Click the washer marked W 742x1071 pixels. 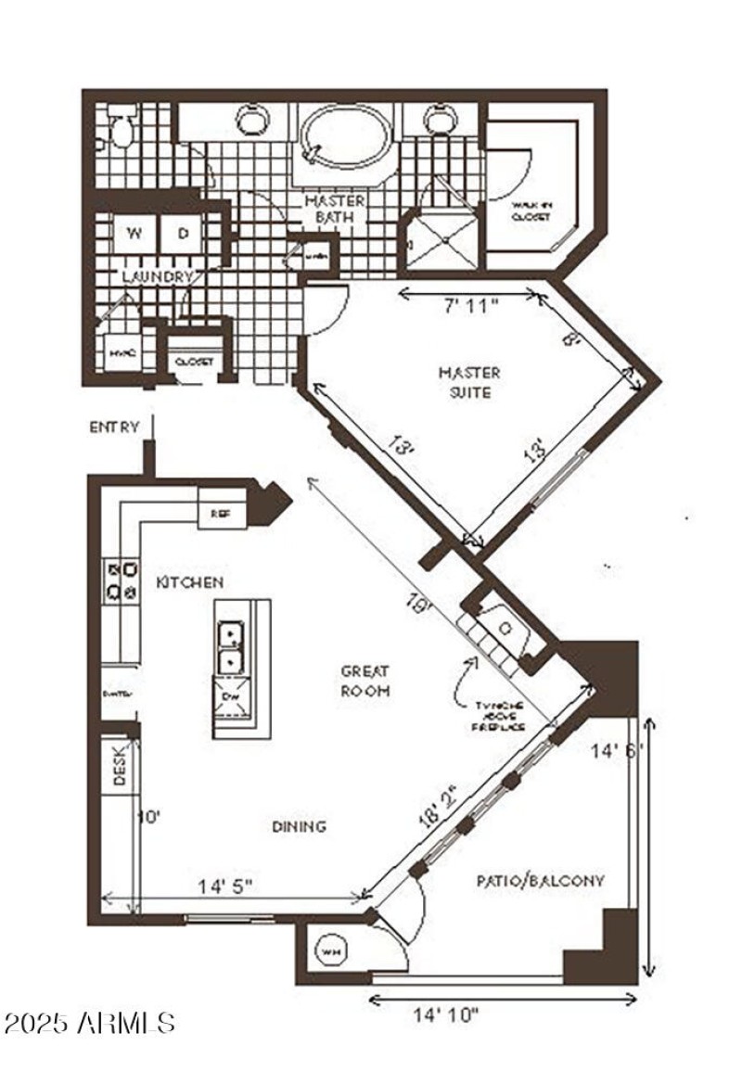134,234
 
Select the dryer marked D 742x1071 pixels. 183,234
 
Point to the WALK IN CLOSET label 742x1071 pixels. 531,210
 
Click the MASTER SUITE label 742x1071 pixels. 469,382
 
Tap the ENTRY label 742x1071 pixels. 114,427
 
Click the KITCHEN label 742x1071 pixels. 189,582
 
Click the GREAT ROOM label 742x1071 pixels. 365,680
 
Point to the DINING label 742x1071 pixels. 300,826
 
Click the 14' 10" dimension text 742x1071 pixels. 445,1014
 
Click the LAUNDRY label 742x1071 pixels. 158,276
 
